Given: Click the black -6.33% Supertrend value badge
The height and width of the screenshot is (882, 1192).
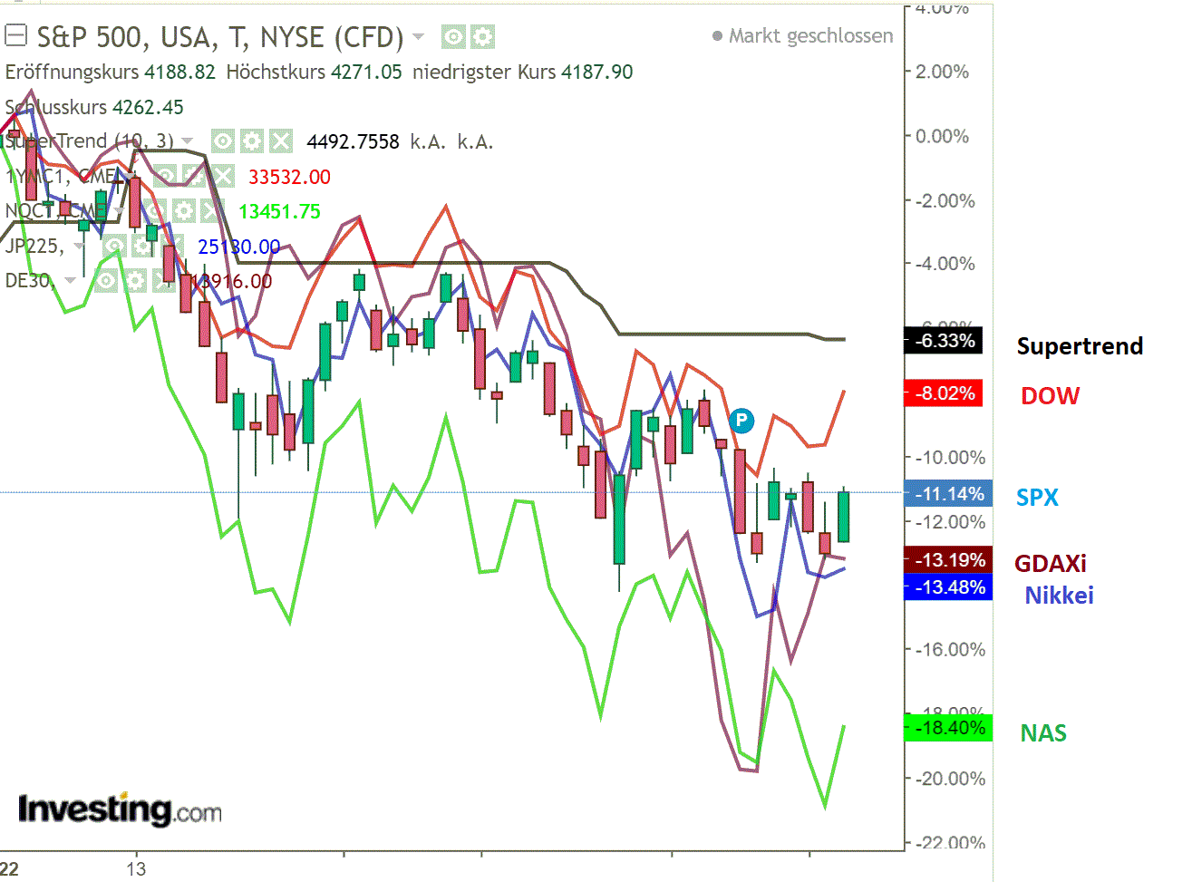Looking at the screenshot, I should coord(944,342).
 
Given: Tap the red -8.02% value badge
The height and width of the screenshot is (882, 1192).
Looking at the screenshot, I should coord(944,393).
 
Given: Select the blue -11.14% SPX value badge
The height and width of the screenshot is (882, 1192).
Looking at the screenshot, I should coord(948,494).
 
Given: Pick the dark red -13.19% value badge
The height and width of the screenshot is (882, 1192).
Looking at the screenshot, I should coord(948,560).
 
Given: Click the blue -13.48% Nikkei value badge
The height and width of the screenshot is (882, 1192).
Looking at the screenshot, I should coord(948,587).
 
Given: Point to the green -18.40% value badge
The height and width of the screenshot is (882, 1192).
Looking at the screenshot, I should coord(948,728).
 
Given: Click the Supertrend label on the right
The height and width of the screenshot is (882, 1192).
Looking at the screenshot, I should coord(1080,346).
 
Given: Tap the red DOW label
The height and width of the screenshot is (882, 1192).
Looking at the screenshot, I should coord(1050,396).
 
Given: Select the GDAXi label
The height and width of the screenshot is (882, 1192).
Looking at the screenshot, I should coord(1050,564).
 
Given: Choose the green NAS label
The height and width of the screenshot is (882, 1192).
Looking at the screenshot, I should coord(1043,733).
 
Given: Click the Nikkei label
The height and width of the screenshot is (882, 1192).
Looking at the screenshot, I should coord(1059,596).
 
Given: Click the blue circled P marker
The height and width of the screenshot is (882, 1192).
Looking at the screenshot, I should coord(741,421).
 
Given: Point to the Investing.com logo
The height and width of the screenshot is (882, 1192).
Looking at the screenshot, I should coord(120,809).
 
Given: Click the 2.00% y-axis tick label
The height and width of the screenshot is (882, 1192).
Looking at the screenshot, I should coord(942,72).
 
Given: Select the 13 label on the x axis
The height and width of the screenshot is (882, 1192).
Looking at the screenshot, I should coord(136,869).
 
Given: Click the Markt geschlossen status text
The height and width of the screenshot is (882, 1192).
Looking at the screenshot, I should coord(810,36).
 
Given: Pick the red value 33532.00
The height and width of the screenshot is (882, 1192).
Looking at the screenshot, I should coord(289,177).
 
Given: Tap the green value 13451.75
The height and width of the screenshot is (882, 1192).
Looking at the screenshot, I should coord(279,212).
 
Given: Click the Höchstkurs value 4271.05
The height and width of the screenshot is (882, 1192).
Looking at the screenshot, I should coord(365,73).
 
